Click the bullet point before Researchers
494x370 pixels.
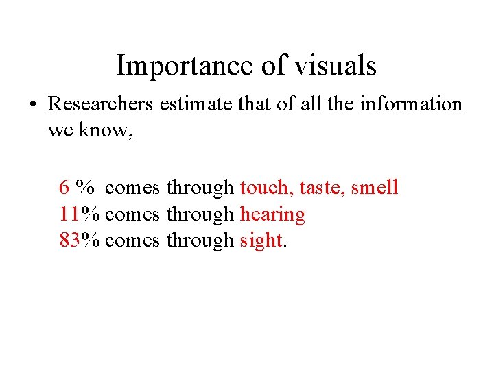(x=32, y=105)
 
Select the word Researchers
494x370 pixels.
(x=101, y=104)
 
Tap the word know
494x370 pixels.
(x=106, y=130)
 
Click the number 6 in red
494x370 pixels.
(x=64, y=187)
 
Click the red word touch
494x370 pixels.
(x=266, y=187)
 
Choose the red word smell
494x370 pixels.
(x=375, y=187)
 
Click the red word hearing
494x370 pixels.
(x=272, y=215)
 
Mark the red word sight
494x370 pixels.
(x=261, y=241)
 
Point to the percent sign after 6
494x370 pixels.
(x=86, y=187)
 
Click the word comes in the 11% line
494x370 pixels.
(x=133, y=215)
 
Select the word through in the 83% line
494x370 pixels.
(x=200, y=241)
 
